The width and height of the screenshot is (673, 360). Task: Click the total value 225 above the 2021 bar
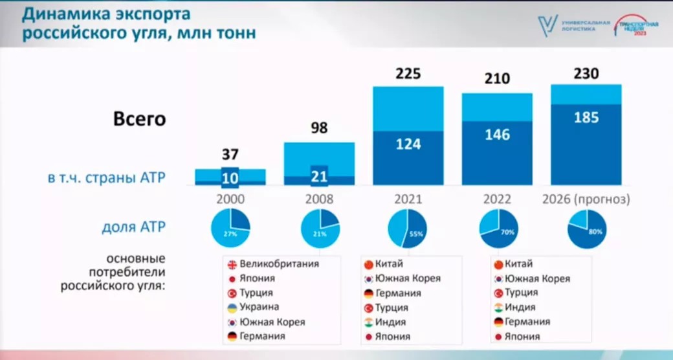tap(408, 73)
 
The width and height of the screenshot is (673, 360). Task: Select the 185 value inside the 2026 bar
tap(586, 118)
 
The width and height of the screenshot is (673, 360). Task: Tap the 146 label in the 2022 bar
tap(497, 135)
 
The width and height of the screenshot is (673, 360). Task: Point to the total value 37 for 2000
tap(230, 155)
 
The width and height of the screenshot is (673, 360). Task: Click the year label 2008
tap(319, 199)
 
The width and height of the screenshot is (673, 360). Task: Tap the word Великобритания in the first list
tap(279, 264)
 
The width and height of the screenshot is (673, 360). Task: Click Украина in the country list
tap(259, 307)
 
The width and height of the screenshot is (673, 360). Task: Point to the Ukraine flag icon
tap(231, 307)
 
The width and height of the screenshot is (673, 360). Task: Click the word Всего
tap(140, 120)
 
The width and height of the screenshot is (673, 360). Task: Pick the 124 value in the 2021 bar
tap(408, 144)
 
